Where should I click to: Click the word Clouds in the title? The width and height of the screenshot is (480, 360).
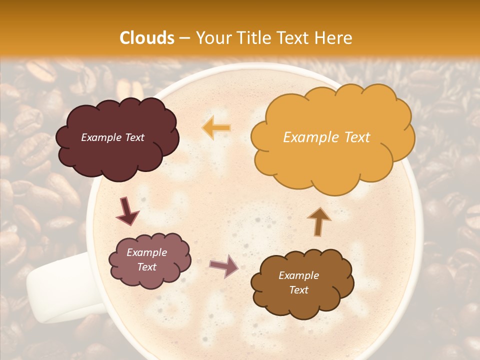click(x=147, y=38)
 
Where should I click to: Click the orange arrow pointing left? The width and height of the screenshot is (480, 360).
click(x=216, y=128)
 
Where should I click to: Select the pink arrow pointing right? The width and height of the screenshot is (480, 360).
click(x=224, y=266)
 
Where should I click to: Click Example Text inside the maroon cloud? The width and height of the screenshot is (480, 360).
click(x=112, y=137)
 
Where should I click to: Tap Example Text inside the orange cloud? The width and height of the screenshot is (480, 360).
click(x=326, y=137)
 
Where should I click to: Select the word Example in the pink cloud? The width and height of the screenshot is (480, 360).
click(x=147, y=252)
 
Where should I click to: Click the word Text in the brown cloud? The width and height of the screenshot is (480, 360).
click(x=299, y=290)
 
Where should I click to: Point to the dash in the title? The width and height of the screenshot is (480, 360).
click(x=184, y=38)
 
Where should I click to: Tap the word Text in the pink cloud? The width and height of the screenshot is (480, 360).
click(x=147, y=267)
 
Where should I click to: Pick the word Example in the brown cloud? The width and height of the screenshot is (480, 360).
click(x=299, y=275)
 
